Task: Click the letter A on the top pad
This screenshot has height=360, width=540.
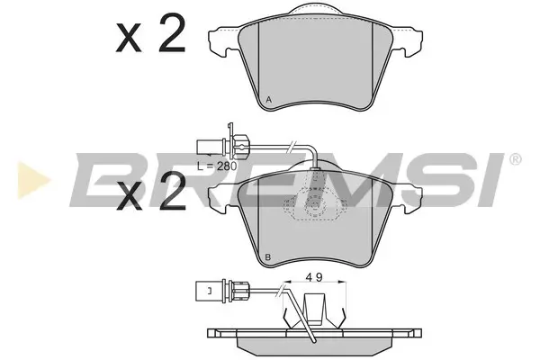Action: [x=269, y=100]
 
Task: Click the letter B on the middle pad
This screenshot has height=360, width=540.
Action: [x=268, y=257]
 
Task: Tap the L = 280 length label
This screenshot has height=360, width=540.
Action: [x=217, y=166]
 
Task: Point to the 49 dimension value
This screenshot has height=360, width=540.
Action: [x=314, y=277]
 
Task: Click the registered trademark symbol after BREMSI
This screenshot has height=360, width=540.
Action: [x=515, y=159]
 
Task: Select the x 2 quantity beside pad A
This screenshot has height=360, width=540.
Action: [x=151, y=33]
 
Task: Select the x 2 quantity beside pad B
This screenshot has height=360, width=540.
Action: [x=151, y=192]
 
